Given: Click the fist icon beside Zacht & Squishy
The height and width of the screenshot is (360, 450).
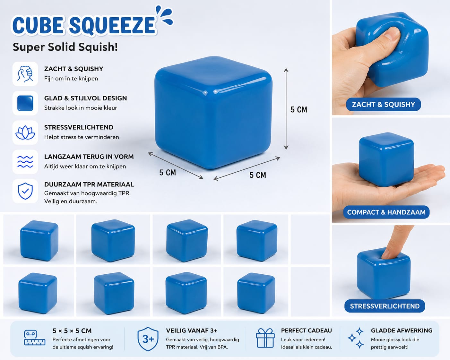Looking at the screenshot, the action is tap(25, 73).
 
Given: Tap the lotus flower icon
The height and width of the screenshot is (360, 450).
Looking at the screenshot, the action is tap(25, 133).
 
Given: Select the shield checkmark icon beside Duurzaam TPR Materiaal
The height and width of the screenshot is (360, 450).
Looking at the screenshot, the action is tap(25, 191).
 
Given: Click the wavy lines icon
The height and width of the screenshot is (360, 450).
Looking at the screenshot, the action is tap(25, 162).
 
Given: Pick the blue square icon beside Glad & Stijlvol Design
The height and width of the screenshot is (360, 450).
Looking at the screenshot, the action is tap(25, 103).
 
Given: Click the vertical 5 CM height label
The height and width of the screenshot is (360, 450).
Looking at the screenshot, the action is tap(299, 109).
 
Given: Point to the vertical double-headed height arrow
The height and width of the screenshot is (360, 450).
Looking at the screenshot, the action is tap(286, 109).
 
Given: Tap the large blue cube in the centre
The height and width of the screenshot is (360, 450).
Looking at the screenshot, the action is tap(213, 113).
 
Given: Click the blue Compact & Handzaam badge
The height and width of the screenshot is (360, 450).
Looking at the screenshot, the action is tap(386, 212).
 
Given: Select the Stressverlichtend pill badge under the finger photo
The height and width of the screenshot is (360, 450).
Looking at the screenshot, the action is tap(385, 306).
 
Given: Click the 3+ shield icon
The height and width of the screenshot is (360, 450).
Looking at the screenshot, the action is tap(148, 339).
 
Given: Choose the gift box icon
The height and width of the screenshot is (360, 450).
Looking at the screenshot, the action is tap(265, 339).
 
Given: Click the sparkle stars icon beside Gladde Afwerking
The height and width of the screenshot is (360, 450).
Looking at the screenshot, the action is tap(356, 338).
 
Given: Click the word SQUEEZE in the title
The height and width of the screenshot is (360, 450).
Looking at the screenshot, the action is tap(112, 26).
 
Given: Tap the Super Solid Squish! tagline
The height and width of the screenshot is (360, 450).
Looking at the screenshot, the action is tap(65, 47).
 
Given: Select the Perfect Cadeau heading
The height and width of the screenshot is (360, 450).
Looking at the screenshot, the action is tap(306, 330).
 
